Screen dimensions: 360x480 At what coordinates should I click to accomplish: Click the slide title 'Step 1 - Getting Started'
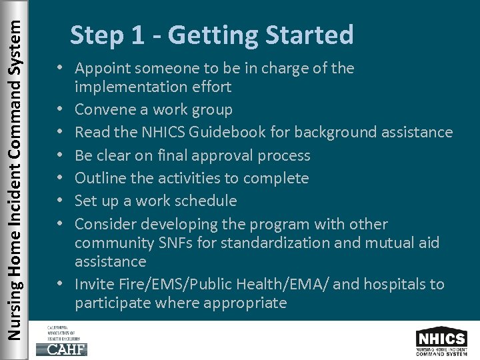coord(211,35)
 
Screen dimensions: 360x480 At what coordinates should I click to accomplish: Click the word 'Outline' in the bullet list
coord(99,179)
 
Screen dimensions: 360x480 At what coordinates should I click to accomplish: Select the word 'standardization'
coord(275,243)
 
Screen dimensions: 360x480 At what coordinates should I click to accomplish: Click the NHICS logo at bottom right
coord(441,341)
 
